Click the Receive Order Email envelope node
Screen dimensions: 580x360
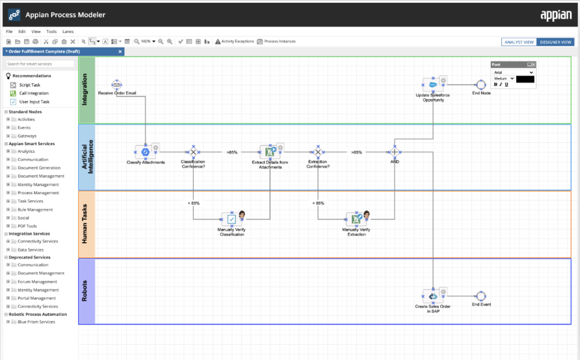point(117,85)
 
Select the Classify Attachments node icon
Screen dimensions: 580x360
point(145,152)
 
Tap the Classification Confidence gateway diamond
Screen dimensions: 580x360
point(193,152)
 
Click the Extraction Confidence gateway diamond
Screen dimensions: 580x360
point(318,152)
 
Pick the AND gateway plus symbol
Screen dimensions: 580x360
point(394,152)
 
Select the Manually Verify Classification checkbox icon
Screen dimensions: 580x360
point(232,219)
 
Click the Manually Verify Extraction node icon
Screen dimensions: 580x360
point(356,219)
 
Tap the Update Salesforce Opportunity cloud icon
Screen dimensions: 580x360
point(433,85)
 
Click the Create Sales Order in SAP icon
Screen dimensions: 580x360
point(433,296)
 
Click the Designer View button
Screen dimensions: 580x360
point(555,42)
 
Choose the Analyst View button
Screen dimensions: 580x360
point(519,42)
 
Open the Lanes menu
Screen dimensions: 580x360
point(68,31)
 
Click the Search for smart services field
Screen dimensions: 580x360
point(40,64)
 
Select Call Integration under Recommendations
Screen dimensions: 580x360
point(34,93)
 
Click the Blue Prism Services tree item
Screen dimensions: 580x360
point(36,322)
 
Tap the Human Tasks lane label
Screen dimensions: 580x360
point(85,224)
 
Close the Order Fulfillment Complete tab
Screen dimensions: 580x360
point(120,52)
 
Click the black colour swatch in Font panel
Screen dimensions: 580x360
point(525,79)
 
